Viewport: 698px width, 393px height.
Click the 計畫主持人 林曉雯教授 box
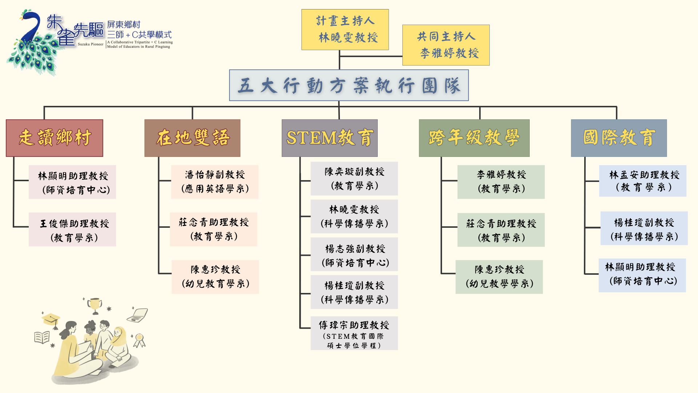pyautogui.click(x=345, y=29)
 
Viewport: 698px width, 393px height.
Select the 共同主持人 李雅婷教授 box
pyautogui.click(x=446, y=45)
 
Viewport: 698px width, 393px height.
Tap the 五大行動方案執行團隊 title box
pyautogui.click(x=349, y=86)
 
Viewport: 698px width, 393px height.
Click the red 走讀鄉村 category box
pyautogui.click(x=55, y=138)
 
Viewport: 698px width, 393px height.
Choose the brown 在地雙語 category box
pyautogui.click(x=192, y=138)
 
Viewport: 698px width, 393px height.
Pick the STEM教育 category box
pyautogui.click(x=329, y=138)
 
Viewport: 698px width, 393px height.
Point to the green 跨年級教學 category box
pyautogui.click(x=474, y=138)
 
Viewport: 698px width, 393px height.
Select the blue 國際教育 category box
pyautogui.click(x=619, y=138)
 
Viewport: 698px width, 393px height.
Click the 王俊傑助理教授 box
pyautogui.click(x=72, y=230)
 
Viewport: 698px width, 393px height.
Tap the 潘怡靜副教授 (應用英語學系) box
pyautogui.click(x=215, y=182)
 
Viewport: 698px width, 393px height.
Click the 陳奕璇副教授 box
pyautogui.click(x=354, y=179)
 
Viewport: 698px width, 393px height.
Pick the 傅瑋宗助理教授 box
pyautogui.click(x=354, y=333)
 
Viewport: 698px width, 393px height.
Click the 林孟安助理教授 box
pyautogui.click(x=643, y=181)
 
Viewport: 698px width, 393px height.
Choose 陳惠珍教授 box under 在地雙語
pyautogui.click(x=215, y=277)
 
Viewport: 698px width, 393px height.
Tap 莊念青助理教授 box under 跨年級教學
pyautogui.click(x=501, y=230)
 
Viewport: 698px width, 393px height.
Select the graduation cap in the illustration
pyautogui.click(x=51, y=320)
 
